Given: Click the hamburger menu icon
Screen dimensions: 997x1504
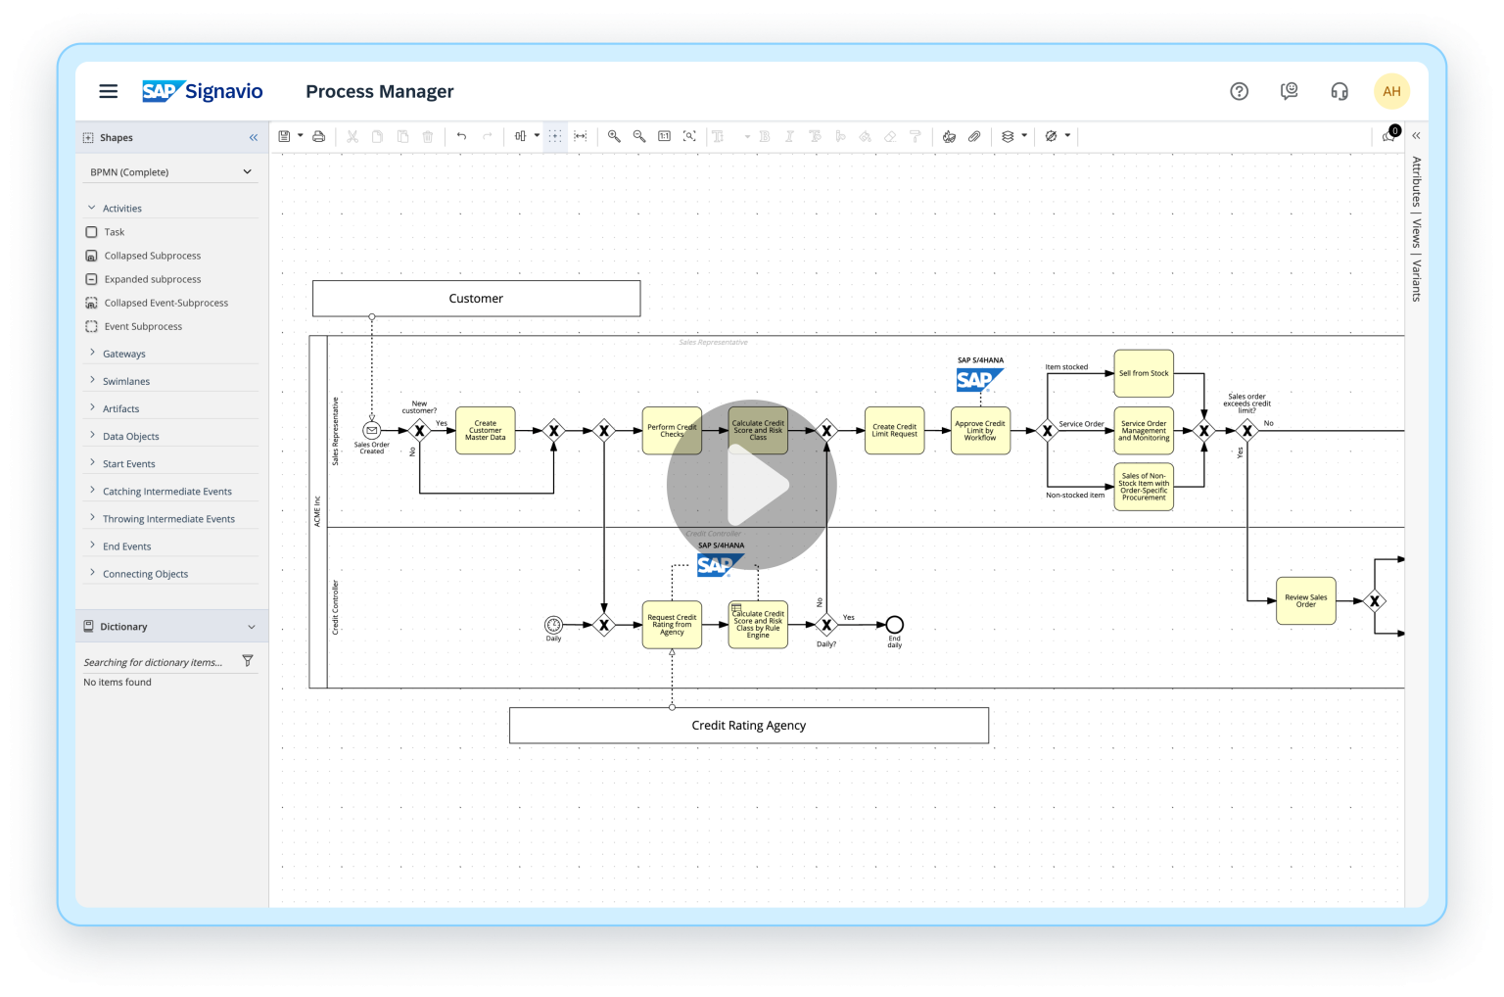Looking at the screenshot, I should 109,91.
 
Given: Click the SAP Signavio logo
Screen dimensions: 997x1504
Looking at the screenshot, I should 203,91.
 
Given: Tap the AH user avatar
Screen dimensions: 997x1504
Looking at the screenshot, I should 1391,91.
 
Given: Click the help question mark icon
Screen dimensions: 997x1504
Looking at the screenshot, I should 1239,91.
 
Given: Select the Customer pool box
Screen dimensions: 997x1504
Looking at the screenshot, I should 476,299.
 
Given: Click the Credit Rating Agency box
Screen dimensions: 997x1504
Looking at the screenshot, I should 748,726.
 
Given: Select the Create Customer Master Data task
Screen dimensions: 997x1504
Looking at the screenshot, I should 485,431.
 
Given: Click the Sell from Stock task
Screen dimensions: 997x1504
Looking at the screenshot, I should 1144,373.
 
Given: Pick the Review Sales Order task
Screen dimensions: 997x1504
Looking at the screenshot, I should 1305,600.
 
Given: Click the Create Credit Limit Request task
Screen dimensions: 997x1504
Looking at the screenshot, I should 894,431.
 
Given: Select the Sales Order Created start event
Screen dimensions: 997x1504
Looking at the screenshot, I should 371,430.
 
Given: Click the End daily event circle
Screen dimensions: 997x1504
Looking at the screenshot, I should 894,625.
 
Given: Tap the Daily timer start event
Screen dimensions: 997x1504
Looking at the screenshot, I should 553,625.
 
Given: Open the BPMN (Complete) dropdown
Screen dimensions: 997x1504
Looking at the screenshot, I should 170,172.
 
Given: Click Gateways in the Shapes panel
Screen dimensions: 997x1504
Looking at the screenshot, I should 124,354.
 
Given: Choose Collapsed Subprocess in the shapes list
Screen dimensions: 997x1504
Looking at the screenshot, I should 152,256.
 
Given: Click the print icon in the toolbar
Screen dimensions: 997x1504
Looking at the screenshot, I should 318,137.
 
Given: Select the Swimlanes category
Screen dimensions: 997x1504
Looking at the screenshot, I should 126,381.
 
